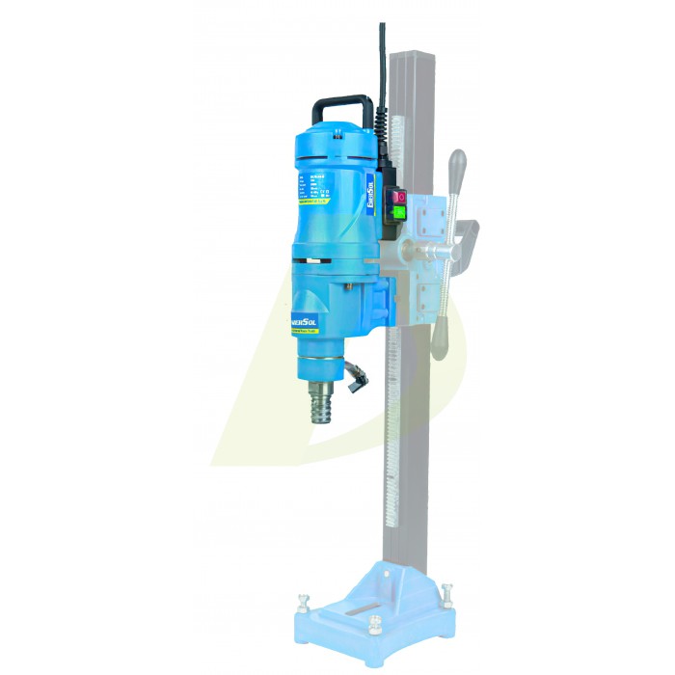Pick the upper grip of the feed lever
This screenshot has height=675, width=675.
459,165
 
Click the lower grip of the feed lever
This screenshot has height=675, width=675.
443,337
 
